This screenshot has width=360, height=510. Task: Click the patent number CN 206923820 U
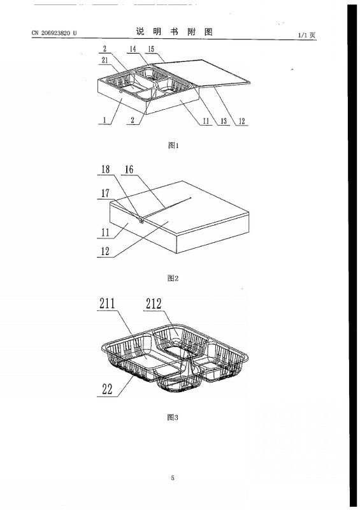tap(54, 33)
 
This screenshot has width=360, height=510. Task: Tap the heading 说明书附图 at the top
tap(174, 31)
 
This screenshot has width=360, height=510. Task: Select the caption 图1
tap(173, 145)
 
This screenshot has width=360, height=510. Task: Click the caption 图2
tap(173, 278)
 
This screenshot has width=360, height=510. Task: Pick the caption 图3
tap(173, 418)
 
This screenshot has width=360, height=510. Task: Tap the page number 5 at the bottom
tap(173, 477)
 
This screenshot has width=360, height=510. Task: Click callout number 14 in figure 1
tap(133, 49)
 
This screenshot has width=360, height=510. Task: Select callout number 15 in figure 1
tap(151, 49)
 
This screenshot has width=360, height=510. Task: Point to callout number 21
tap(104, 60)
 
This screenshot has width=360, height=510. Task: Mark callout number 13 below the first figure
tap(224, 121)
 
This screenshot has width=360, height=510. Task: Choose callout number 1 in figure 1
tap(104, 120)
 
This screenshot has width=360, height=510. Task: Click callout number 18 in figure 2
tap(106, 169)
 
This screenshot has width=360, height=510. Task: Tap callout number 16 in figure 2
tap(129, 169)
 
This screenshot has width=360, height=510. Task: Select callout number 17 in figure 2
tap(105, 193)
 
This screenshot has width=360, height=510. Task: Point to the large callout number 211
tap(107, 303)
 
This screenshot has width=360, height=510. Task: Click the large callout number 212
tap(154, 303)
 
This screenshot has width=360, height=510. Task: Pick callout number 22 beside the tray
tap(107, 389)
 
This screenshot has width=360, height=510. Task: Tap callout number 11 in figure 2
tap(105, 232)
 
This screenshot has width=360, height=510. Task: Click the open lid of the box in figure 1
tap(202, 73)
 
